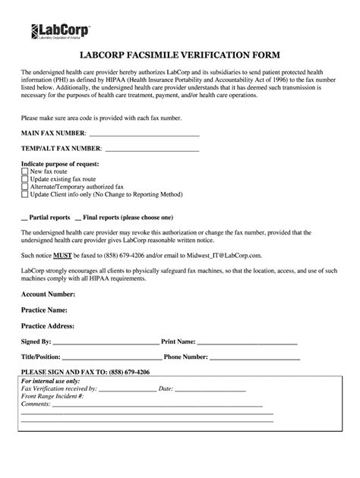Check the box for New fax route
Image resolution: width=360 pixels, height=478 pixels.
25,171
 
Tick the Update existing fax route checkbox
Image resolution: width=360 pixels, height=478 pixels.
25,179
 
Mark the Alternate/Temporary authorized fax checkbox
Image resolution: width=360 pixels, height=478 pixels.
25,187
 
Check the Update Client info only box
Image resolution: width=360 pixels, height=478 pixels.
25,194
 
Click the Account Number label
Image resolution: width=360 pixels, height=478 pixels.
48,293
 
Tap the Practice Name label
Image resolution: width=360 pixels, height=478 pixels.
45,310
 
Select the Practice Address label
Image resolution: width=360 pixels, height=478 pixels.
47,326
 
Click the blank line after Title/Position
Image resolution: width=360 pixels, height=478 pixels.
111,357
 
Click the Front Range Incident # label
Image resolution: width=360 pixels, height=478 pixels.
52,396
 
